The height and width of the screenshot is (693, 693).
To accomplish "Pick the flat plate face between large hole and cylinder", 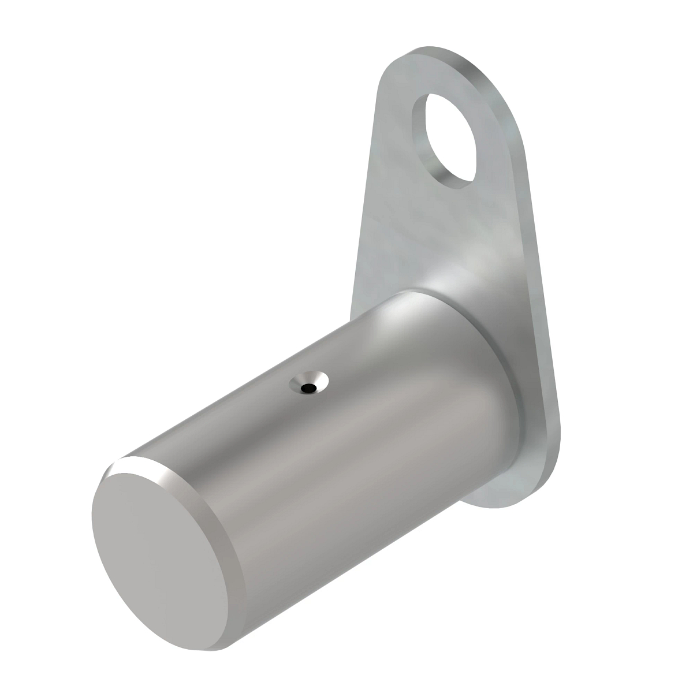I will tap(439, 231).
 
